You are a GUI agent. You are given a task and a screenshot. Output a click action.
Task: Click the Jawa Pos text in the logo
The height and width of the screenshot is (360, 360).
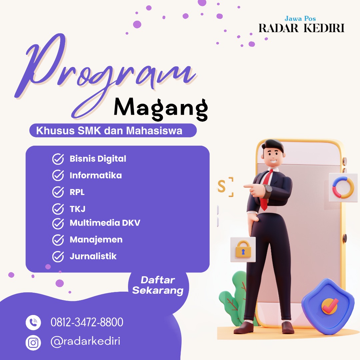pyautogui.click(x=300, y=19)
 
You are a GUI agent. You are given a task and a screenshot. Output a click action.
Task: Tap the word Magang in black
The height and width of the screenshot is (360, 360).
pyautogui.click(x=161, y=109)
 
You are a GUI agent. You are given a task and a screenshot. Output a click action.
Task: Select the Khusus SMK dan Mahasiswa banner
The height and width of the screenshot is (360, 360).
pyautogui.click(x=113, y=130)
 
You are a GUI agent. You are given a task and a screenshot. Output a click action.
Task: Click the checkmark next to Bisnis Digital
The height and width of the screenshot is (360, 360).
pyautogui.click(x=58, y=159)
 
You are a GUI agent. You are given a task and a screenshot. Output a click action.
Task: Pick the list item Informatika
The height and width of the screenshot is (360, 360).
pyautogui.click(x=96, y=175)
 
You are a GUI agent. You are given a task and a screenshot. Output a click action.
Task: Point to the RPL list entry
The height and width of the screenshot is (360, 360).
pyautogui.click(x=77, y=192)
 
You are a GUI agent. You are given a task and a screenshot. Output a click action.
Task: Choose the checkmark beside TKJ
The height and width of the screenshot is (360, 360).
pyautogui.click(x=58, y=209)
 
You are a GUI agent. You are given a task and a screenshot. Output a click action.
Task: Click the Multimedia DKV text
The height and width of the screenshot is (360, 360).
pyautogui.click(x=105, y=223)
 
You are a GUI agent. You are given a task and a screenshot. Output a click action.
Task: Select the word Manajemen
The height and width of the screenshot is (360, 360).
pyautogui.click(x=96, y=240)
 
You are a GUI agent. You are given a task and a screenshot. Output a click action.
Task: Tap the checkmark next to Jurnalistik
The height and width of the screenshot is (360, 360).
pyautogui.click(x=58, y=256)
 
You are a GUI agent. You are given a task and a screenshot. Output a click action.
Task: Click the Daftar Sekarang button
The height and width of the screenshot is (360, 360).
pyautogui.click(x=158, y=285)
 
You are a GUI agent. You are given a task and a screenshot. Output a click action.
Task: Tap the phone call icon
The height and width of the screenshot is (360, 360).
pyautogui.click(x=33, y=322)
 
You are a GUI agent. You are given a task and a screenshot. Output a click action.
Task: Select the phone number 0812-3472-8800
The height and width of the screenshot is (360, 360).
pyautogui.click(x=87, y=322)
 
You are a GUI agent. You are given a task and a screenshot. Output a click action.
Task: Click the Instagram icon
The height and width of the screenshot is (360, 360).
pyautogui.click(x=33, y=343)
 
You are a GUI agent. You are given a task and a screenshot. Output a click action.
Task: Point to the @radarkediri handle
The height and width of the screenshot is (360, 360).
pyautogui.click(x=85, y=341)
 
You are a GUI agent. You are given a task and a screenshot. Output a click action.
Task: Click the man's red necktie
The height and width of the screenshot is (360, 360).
pyautogui.click(x=266, y=191)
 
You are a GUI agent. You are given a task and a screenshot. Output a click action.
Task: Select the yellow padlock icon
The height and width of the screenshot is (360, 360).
pyautogui.click(x=243, y=249)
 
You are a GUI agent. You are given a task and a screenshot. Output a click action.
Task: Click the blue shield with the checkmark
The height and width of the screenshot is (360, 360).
pyautogui.click(x=328, y=305)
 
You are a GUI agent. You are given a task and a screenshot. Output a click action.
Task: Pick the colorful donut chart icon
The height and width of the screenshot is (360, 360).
pyautogui.click(x=343, y=187)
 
